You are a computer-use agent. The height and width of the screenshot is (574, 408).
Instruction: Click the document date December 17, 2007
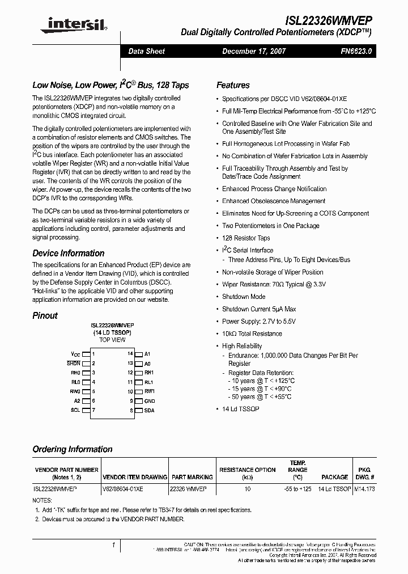253,51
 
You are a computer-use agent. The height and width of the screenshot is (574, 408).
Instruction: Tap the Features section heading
233,85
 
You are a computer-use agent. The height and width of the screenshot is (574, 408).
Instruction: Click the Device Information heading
68,253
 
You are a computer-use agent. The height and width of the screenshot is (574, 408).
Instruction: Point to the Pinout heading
45,315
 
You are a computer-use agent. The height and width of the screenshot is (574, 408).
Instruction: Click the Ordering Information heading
72,449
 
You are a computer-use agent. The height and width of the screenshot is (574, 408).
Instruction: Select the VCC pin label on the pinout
75,353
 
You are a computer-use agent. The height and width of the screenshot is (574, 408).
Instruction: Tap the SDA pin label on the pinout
149,410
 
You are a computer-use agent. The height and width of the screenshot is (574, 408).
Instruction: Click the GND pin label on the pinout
150,400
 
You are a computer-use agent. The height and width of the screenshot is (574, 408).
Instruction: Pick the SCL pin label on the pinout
75,410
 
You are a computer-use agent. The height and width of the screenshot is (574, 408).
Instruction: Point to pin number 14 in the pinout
130,353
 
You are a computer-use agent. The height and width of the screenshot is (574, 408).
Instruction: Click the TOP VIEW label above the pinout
112,340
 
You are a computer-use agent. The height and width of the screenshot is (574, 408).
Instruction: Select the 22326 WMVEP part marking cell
189,488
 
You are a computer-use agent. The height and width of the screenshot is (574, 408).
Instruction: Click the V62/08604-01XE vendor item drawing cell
123,488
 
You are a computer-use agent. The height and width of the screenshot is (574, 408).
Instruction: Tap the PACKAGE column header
335,478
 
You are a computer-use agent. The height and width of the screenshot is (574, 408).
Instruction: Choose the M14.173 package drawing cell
364,488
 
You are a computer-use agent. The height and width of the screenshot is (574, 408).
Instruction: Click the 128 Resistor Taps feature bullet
246,238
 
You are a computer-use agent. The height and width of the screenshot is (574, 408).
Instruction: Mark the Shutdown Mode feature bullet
244,297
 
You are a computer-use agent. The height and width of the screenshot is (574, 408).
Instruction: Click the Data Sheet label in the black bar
146,51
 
